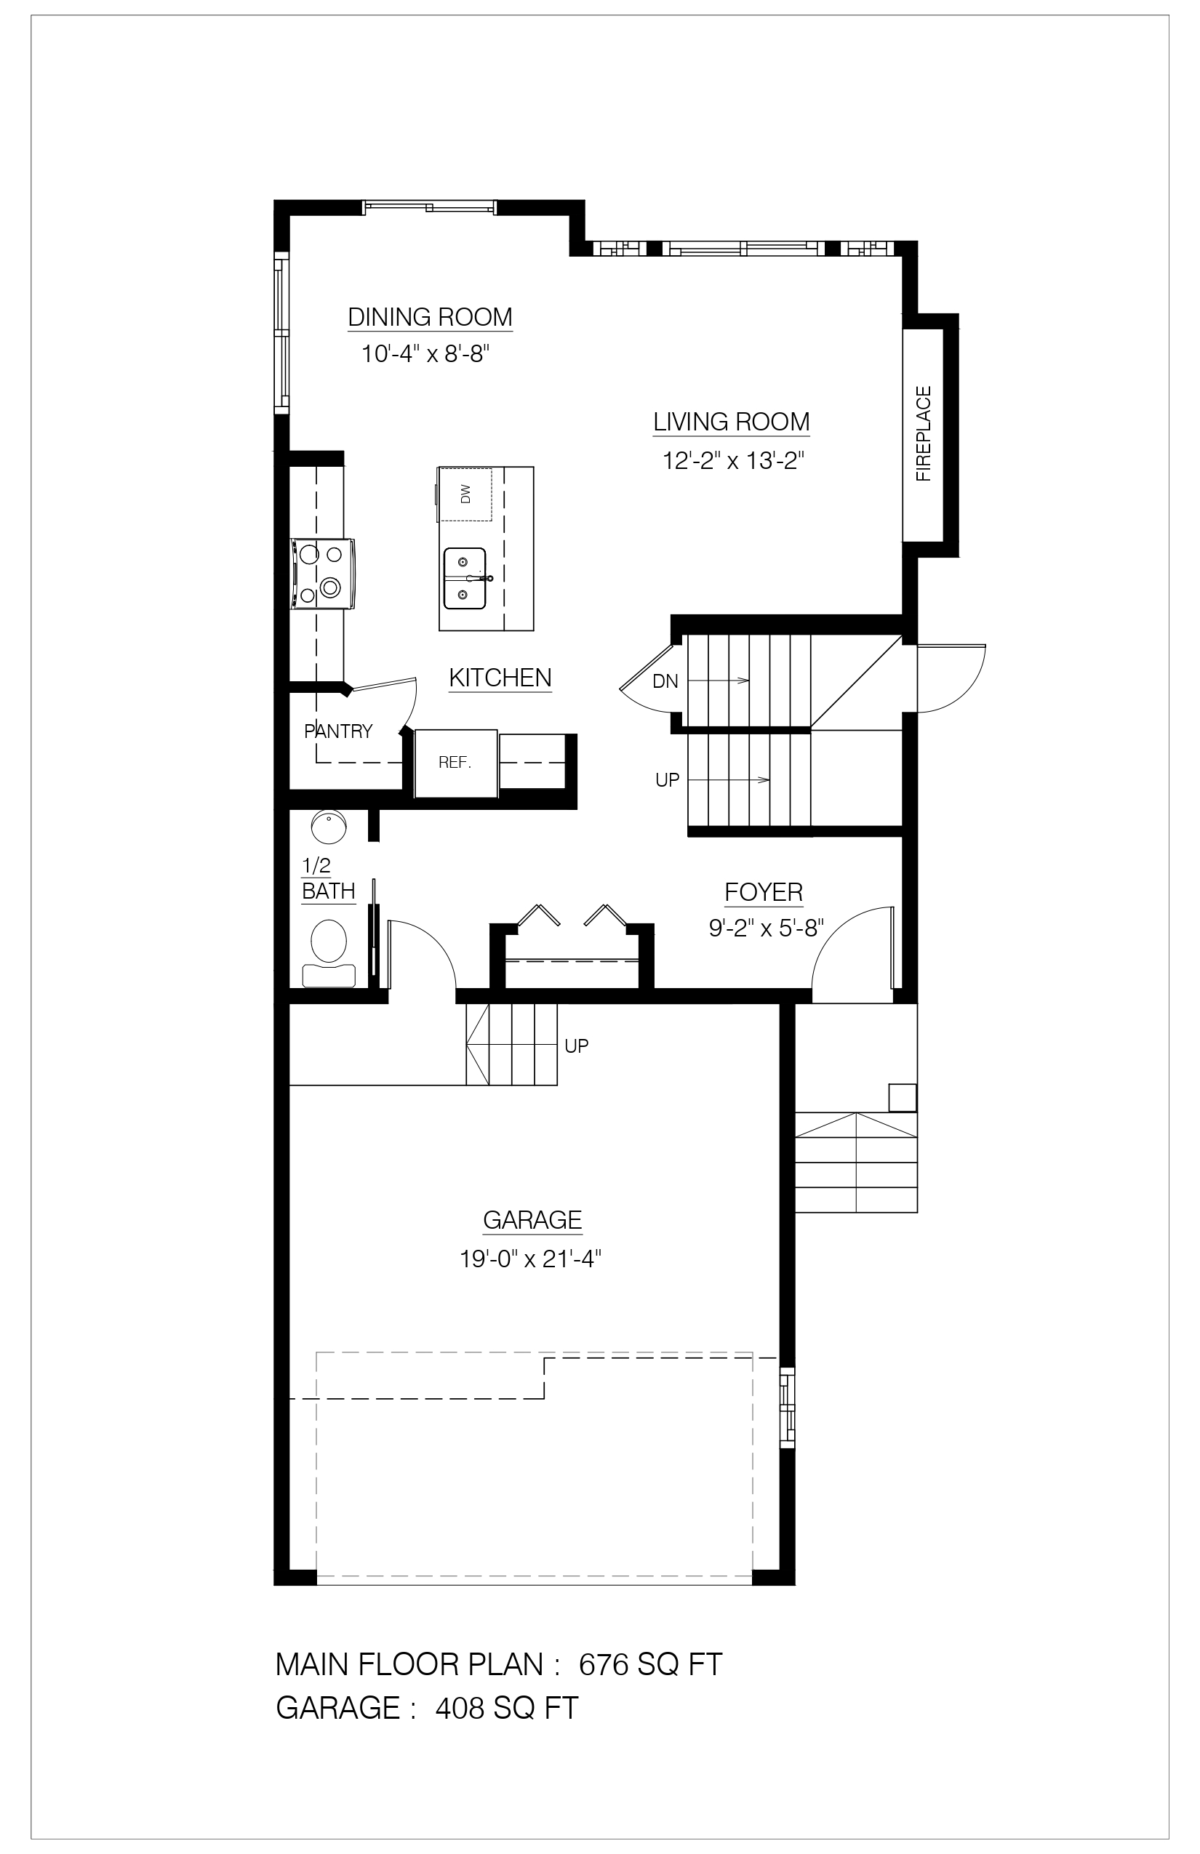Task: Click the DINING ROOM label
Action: tap(430, 317)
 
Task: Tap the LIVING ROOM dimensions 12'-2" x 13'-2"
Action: tap(732, 461)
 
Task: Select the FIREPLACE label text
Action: tap(924, 434)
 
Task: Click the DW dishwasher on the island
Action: tap(466, 494)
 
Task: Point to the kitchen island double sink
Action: tap(466, 579)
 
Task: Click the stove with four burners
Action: tap(323, 574)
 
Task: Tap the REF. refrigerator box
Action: tap(456, 763)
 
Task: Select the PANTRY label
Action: tap(338, 731)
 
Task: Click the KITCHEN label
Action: tap(500, 678)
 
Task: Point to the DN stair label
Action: tap(665, 682)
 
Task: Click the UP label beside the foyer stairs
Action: tap(668, 779)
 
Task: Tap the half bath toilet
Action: tap(329, 952)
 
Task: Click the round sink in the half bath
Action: tap(329, 827)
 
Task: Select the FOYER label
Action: tap(764, 893)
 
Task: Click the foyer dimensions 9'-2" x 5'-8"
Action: tap(767, 928)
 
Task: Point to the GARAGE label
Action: tap(533, 1220)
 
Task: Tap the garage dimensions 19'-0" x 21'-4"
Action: tap(532, 1259)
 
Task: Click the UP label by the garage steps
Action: tap(577, 1046)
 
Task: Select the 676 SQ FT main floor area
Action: tap(651, 1665)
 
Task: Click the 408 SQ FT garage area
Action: tap(506, 1709)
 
